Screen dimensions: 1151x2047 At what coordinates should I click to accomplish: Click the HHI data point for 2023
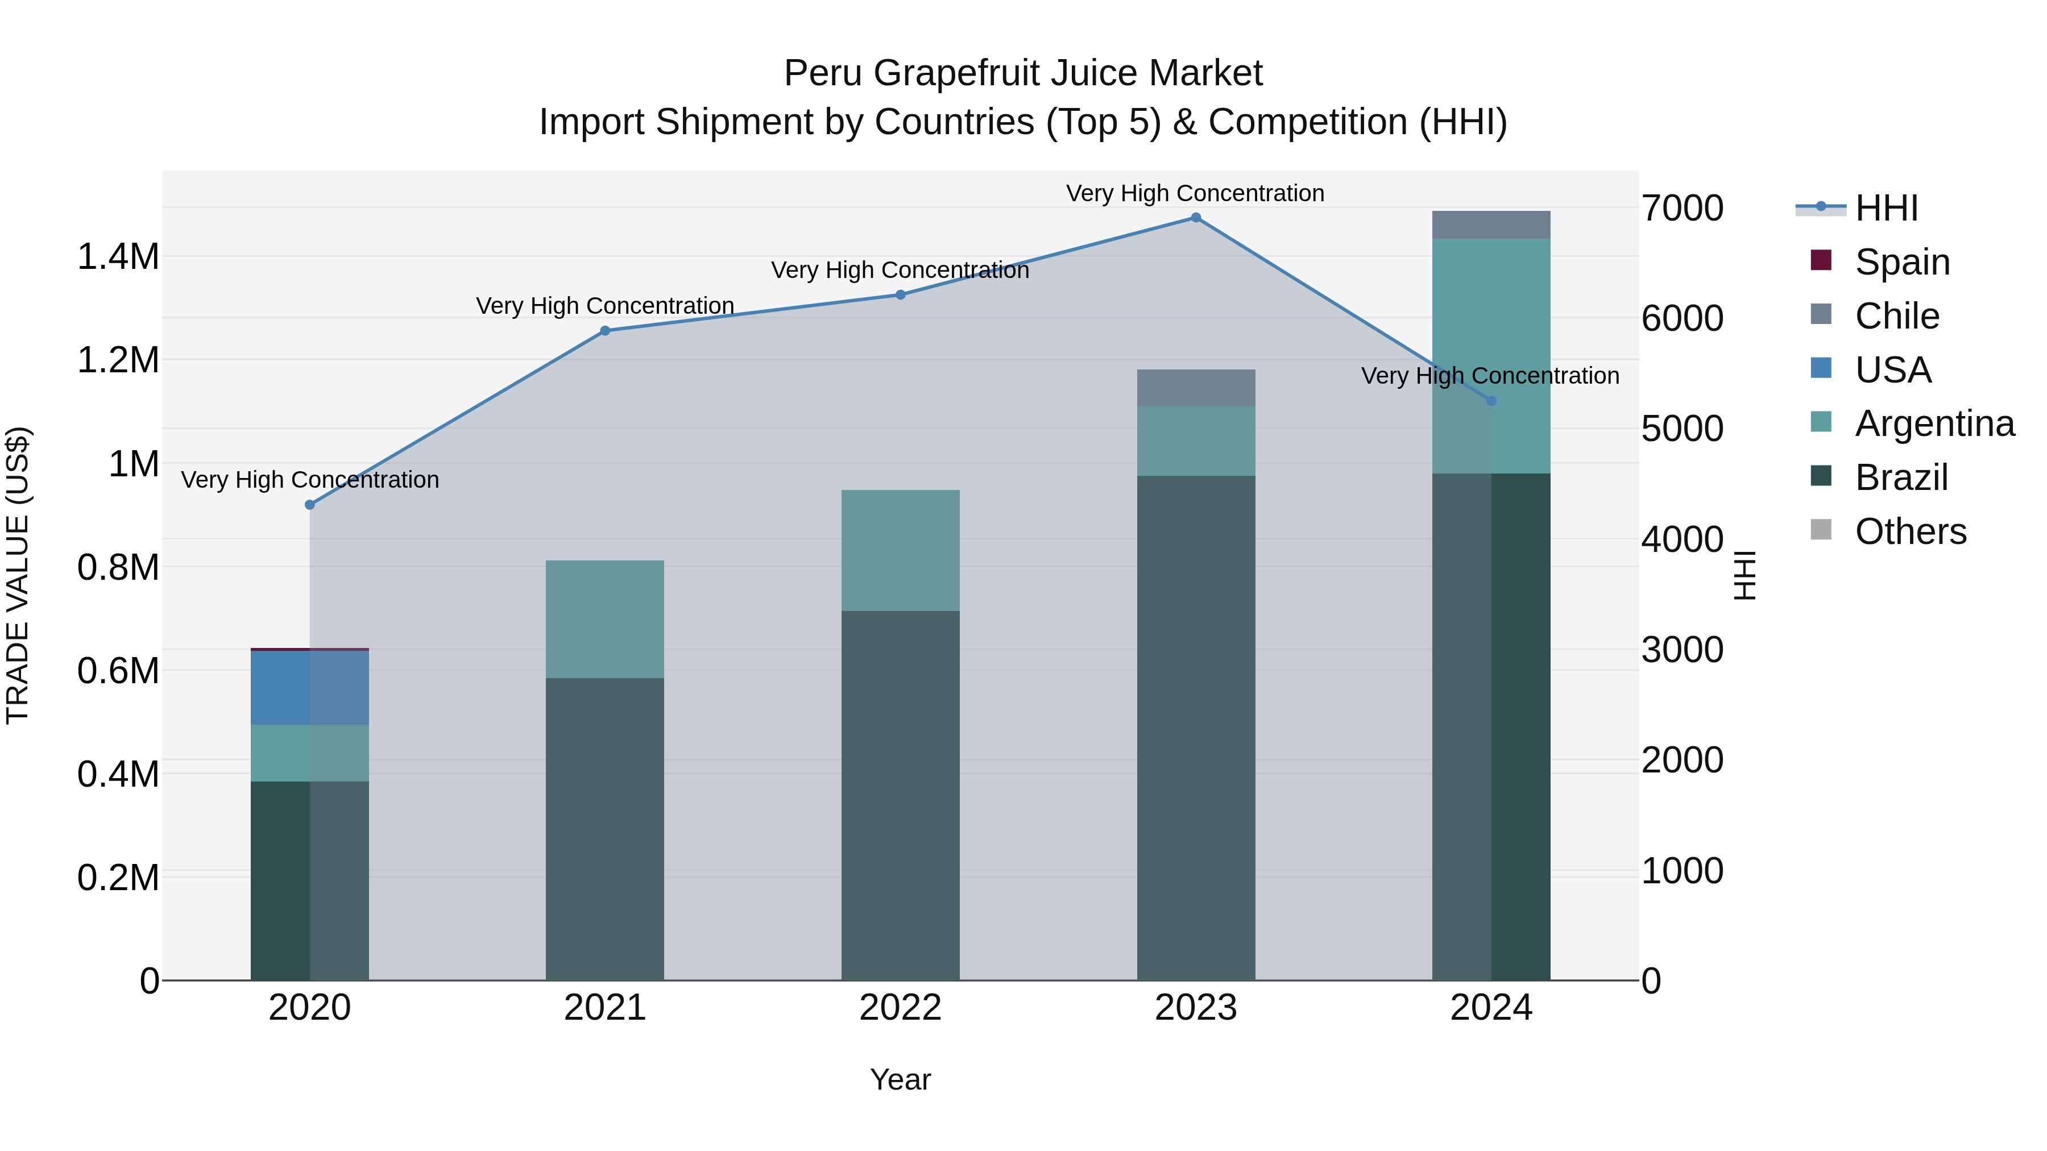coord(1196,218)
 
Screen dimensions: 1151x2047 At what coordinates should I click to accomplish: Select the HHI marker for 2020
coord(310,505)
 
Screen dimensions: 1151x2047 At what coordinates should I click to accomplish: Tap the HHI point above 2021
coord(605,330)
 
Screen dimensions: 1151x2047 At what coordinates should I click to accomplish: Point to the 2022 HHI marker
coord(900,294)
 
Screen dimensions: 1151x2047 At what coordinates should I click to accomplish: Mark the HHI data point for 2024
coord(1491,401)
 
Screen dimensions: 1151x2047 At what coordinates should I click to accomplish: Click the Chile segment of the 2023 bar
coord(1196,388)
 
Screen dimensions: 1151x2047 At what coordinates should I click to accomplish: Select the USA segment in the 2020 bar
coord(310,687)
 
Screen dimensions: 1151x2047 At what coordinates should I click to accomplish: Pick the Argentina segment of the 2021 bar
coord(605,619)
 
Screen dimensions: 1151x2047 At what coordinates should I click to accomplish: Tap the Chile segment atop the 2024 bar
coord(1491,225)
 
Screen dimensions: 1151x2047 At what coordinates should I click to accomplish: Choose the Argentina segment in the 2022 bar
coord(900,550)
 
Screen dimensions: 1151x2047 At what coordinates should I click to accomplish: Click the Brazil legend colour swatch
coord(1821,477)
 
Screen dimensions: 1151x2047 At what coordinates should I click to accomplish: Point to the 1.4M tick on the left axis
coord(118,256)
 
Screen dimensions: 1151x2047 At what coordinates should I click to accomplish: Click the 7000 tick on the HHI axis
coord(1683,208)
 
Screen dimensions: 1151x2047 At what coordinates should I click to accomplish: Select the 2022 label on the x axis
coord(900,1007)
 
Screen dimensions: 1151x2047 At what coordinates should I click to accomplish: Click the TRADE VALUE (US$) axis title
coord(18,575)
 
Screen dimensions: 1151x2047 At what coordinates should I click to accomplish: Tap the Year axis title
coord(900,1079)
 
